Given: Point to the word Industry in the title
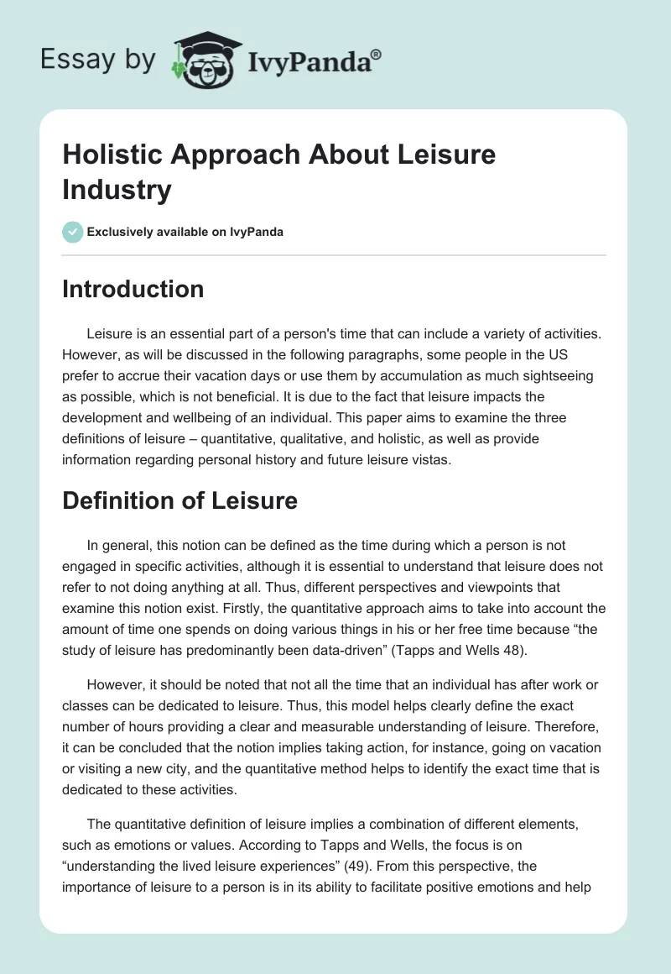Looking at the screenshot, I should tap(117, 190).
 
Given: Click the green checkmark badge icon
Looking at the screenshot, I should tap(73, 232).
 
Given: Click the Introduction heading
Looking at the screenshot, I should tap(133, 289).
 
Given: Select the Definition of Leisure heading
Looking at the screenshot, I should tap(179, 501).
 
